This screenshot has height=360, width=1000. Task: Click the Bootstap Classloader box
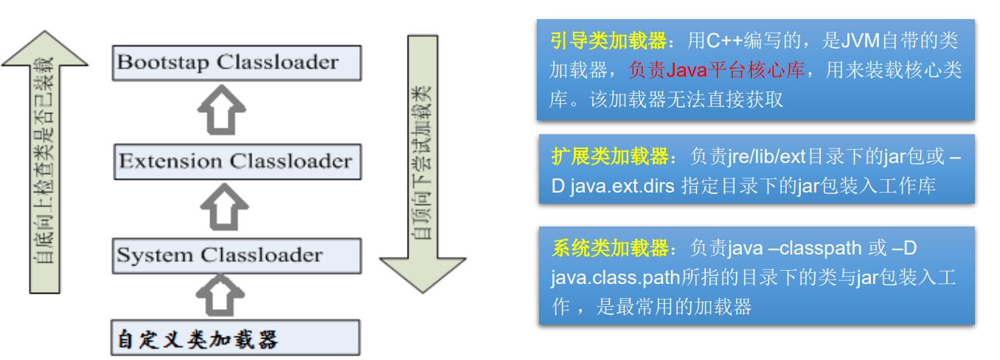tap(237, 63)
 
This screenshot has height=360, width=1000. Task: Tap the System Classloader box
tap(237, 256)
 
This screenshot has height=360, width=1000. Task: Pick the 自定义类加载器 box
tap(235, 339)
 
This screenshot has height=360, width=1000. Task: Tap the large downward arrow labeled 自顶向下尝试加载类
tap(423, 162)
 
